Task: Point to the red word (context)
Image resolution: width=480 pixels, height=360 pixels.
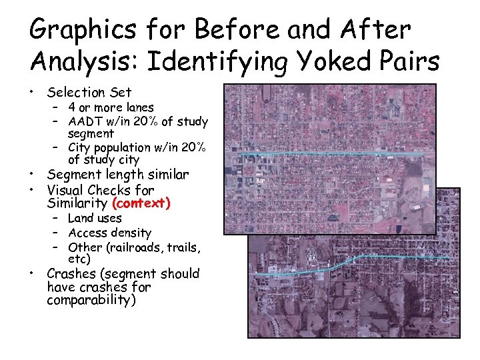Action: pyautogui.click(x=141, y=202)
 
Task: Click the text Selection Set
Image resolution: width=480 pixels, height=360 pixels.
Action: pyautogui.click(x=89, y=92)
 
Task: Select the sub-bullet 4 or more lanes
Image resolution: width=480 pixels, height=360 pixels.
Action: pyautogui.click(x=111, y=107)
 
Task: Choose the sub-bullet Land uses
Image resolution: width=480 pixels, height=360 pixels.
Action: pyautogui.click(x=95, y=218)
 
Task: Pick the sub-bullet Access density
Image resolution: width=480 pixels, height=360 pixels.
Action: pyautogui.click(x=109, y=233)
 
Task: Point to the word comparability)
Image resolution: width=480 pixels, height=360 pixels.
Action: pyautogui.click(x=91, y=300)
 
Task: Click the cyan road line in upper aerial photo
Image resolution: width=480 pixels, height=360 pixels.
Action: pyautogui.click(x=333, y=155)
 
